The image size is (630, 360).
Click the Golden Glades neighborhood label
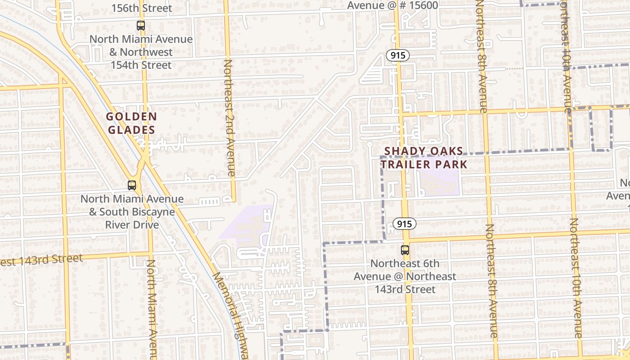tap(131, 123)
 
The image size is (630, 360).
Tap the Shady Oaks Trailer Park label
tap(424, 157)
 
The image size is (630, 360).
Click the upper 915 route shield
tap(398, 55)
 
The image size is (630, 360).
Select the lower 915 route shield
tap(404, 224)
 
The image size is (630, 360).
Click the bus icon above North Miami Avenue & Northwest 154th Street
tap(141, 26)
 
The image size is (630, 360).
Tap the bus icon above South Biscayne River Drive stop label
tap(131, 185)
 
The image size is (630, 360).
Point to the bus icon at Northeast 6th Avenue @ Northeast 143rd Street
tap(405, 250)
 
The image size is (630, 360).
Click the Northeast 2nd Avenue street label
tap(229, 118)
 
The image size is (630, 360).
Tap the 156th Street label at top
tap(141, 8)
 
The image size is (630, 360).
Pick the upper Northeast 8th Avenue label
tap(481, 56)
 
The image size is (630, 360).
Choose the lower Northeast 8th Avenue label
tap(491, 281)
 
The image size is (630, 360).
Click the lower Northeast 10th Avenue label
tap(576, 278)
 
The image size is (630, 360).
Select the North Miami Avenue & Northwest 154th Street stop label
tap(141, 52)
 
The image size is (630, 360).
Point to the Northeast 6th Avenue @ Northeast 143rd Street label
tap(405, 276)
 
